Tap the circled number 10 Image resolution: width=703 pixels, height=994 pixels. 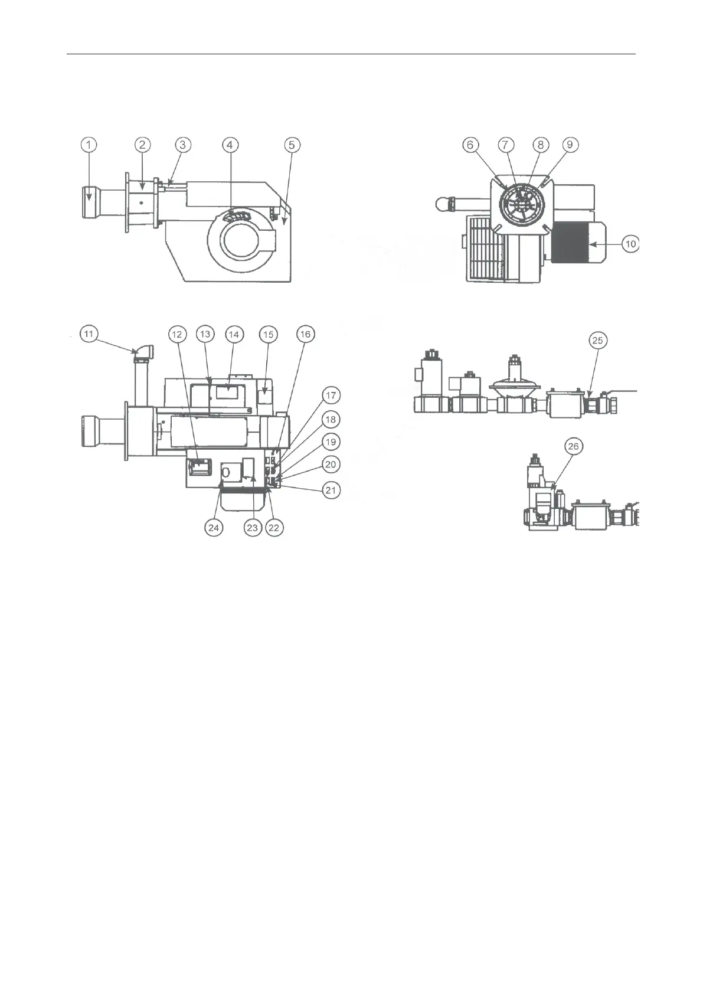(631, 244)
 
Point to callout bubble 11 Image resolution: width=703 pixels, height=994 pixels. (89, 335)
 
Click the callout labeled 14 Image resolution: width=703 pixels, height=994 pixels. (234, 335)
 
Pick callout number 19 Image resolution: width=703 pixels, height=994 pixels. (331, 442)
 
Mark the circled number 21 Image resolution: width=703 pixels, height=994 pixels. (331, 489)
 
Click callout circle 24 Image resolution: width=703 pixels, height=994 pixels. (214, 527)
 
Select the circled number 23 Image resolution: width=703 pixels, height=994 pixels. (253, 527)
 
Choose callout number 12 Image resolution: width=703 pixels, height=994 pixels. (176, 335)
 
